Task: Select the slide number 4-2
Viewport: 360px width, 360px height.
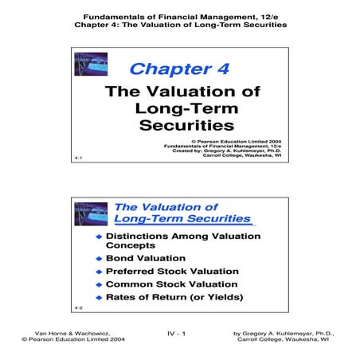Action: (77, 307)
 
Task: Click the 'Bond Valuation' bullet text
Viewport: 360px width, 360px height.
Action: (146, 258)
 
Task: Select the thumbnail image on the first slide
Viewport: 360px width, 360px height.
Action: (90, 65)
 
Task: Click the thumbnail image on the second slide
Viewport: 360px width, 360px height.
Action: (90, 213)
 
